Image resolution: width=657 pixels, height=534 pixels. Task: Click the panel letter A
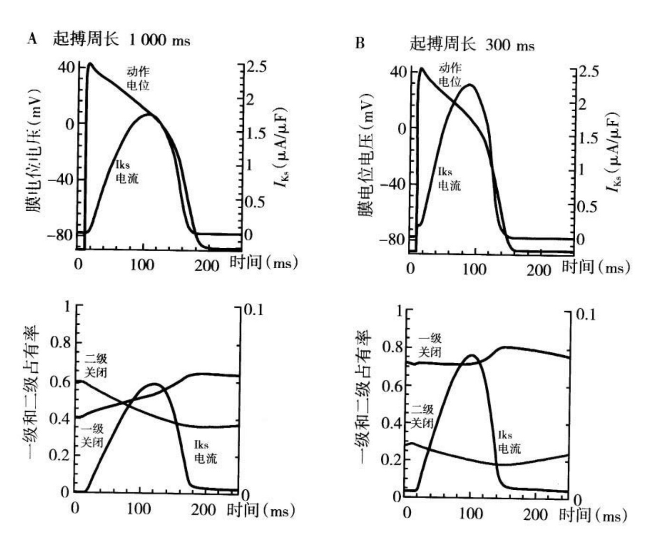click(32, 39)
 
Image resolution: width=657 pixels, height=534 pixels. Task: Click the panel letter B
click(360, 43)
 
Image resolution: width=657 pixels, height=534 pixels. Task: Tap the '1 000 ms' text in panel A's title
click(160, 40)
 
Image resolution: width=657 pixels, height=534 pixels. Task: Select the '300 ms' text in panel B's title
click(510, 45)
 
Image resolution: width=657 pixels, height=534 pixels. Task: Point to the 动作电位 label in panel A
click(138, 78)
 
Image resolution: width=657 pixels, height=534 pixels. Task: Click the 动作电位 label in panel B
click(450, 75)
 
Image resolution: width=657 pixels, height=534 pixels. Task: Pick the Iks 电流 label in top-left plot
click(127, 172)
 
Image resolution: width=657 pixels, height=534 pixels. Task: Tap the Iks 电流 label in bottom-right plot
click(509, 442)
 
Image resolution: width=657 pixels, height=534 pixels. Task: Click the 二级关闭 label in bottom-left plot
click(96, 365)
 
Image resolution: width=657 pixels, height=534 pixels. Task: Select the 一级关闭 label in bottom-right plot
click(430, 345)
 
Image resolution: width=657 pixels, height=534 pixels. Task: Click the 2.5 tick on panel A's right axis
click(256, 67)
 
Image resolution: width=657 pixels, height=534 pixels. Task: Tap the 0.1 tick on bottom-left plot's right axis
click(253, 310)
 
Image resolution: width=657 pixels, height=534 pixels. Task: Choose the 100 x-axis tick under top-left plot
click(142, 264)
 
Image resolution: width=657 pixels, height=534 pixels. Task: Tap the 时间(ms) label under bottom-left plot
click(261, 511)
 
